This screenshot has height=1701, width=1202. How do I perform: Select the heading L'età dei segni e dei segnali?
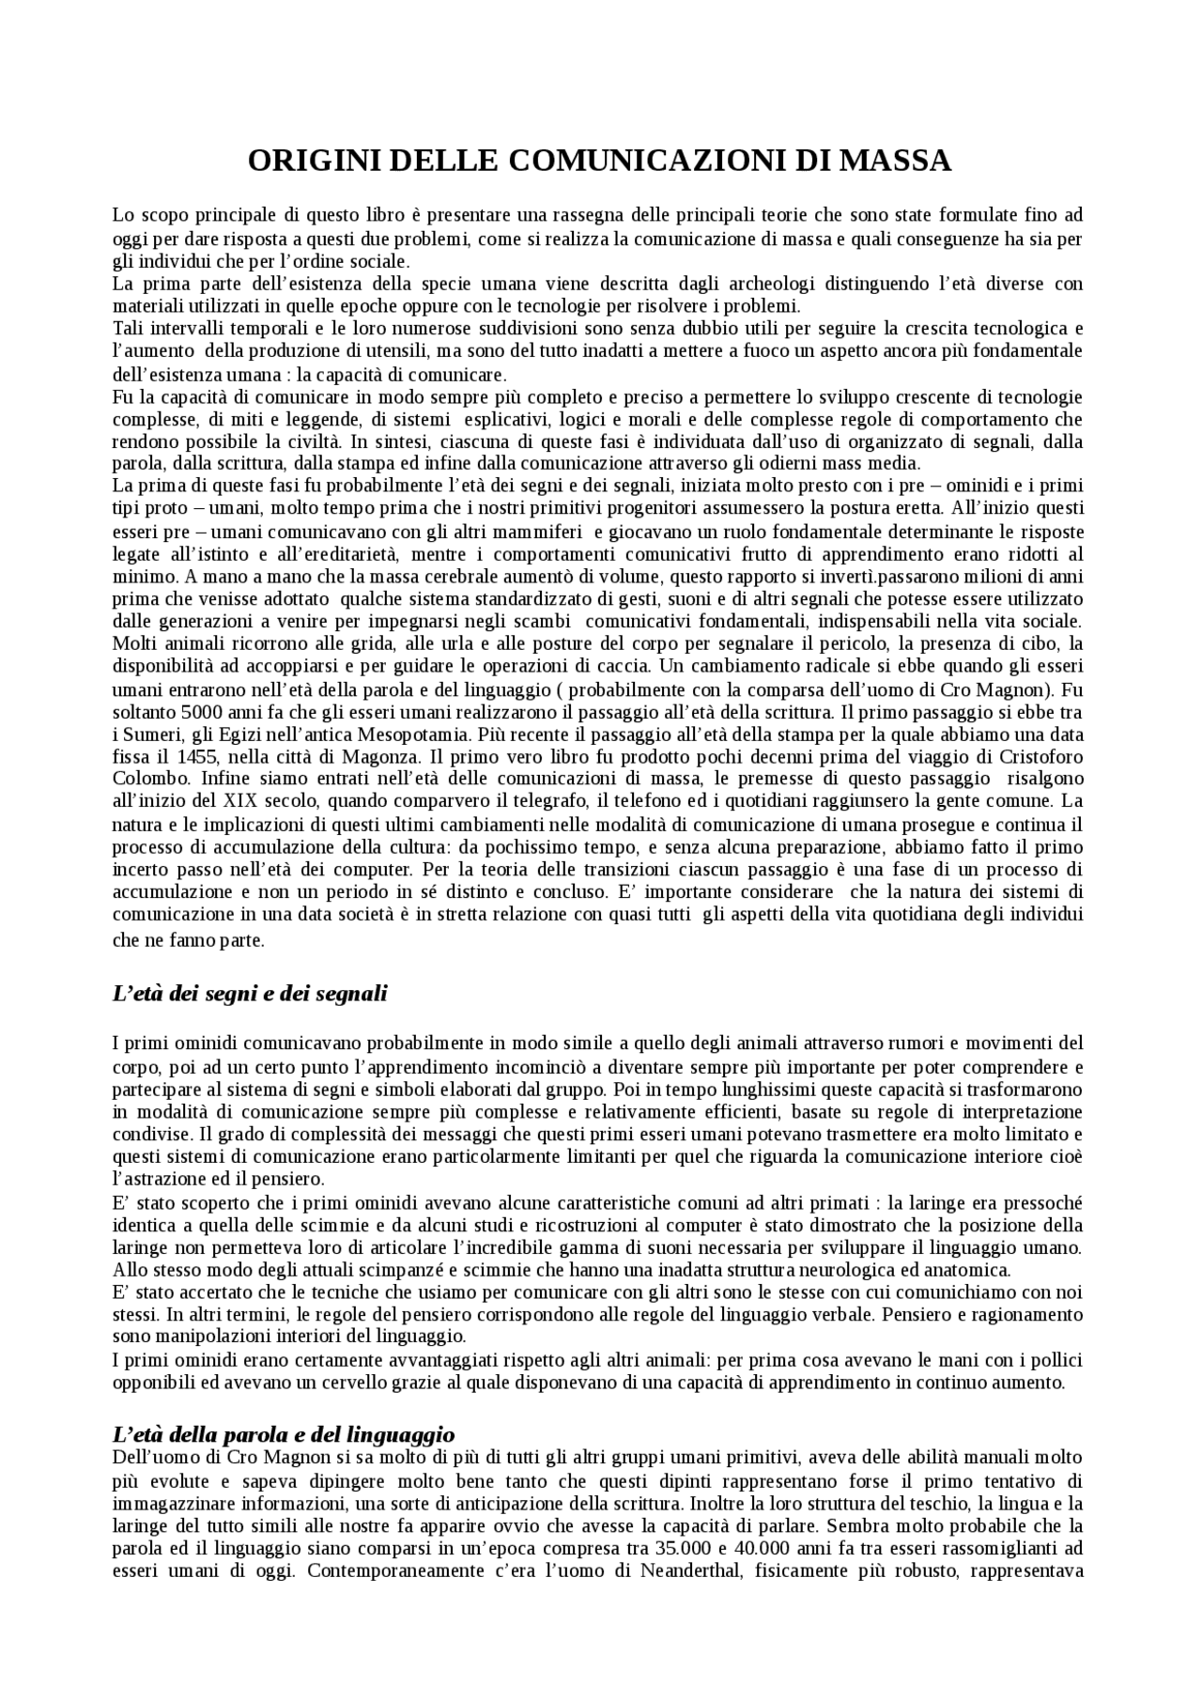[250, 994]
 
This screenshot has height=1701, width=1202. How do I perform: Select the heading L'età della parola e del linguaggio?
[284, 1434]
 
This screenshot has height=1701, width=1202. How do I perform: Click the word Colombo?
[142, 779]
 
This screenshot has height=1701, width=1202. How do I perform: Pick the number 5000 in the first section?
[203, 711]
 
